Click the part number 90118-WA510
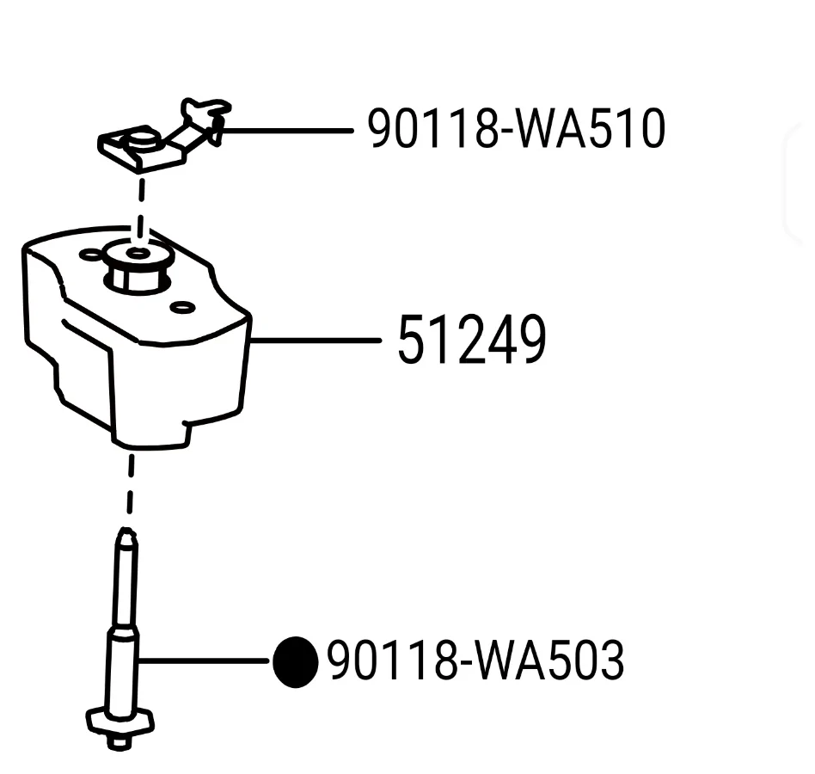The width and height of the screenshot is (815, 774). pyautogui.click(x=516, y=128)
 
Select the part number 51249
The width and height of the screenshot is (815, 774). pyautogui.click(x=472, y=340)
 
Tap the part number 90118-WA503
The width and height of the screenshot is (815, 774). pyautogui.click(x=475, y=660)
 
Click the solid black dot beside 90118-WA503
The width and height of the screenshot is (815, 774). pyautogui.click(x=296, y=661)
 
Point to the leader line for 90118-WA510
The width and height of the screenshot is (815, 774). pyautogui.click(x=287, y=131)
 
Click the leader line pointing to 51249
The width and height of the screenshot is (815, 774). pyautogui.click(x=316, y=341)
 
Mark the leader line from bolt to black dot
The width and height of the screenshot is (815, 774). pyautogui.click(x=204, y=660)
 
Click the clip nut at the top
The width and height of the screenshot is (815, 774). pyautogui.click(x=164, y=135)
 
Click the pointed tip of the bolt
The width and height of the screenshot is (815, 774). pyautogui.click(x=126, y=531)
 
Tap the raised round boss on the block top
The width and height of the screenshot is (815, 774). pyautogui.click(x=138, y=266)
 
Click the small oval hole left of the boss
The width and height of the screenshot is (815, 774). pyautogui.click(x=89, y=255)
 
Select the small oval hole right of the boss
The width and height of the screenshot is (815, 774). pyautogui.click(x=181, y=308)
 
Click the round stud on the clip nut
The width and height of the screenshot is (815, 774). pyautogui.click(x=141, y=139)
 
